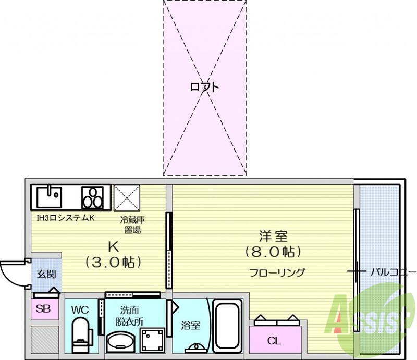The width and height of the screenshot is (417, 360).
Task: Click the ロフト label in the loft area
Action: pyautogui.click(x=204, y=87)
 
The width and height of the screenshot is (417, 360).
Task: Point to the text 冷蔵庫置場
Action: pyautogui.click(x=131, y=225)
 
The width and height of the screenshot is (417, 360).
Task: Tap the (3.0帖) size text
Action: pyautogui.click(x=114, y=261)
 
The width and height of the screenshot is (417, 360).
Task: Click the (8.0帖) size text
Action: pyautogui.click(x=273, y=253)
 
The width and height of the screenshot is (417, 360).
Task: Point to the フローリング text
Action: pyautogui.click(x=277, y=272)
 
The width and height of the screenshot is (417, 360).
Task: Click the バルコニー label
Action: pyautogui.click(x=394, y=272)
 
